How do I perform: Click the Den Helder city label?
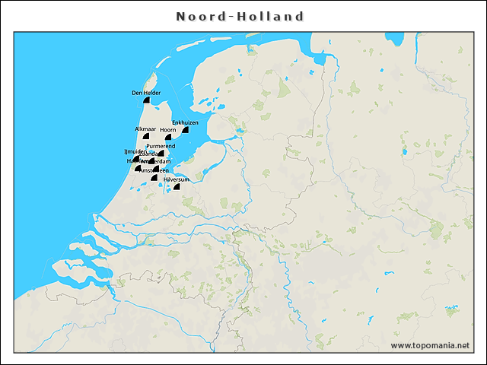point(145,93)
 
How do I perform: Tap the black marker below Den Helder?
point(146,100)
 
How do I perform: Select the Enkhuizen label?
point(185,122)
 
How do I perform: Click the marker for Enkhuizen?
point(185,130)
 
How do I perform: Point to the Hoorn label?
point(168,130)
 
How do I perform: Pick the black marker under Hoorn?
point(169,138)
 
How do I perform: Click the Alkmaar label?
point(145,129)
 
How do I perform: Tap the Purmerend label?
point(161,145)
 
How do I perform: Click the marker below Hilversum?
point(177,186)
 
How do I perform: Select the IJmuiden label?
point(135,152)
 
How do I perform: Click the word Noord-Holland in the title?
point(240,17)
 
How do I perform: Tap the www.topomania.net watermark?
point(430,345)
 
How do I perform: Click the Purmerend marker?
point(161,153)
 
